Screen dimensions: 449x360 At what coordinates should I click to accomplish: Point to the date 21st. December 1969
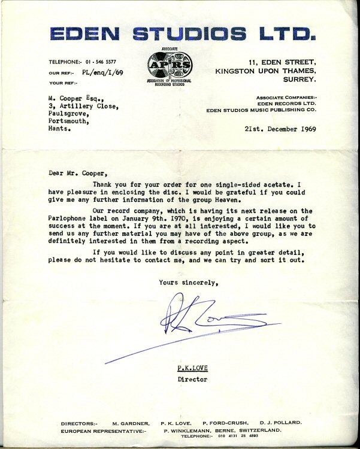[x=280, y=129]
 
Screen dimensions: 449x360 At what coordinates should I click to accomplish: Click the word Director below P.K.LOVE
[x=192, y=380]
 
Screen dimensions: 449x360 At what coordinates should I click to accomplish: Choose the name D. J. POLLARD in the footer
[x=281, y=423]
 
